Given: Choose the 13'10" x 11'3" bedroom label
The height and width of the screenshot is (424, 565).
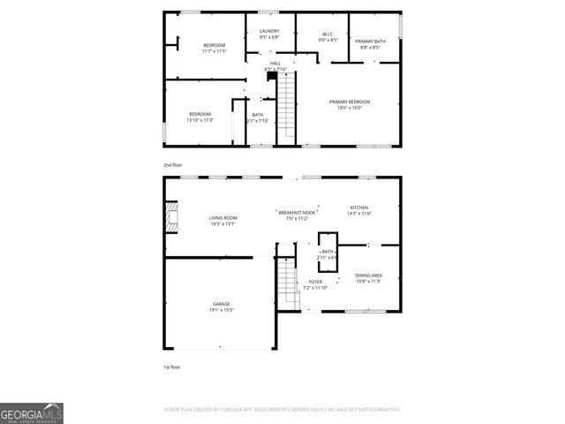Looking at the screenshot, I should click(x=200, y=117).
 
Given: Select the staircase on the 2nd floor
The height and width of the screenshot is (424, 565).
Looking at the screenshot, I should click(x=288, y=108).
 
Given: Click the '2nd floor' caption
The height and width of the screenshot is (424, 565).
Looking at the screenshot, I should click(x=172, y=165).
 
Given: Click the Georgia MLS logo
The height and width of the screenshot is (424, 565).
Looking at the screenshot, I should click(x=32, y=413).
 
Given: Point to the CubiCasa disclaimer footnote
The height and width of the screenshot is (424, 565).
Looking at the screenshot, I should click(x=282, y=409).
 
